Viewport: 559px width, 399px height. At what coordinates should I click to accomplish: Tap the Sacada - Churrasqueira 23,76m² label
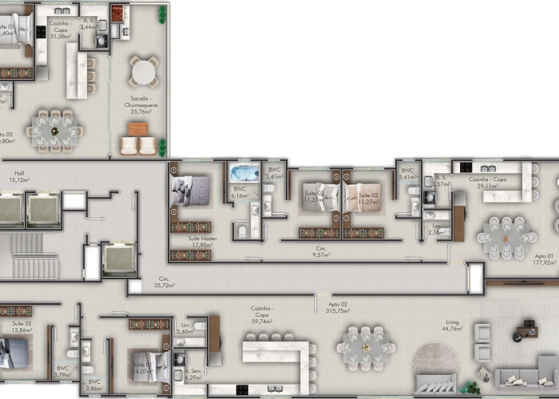pyautogui.click(x=141, y=105)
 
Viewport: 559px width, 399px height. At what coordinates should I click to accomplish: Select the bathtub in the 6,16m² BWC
pyautogui.click(x=244, y=173)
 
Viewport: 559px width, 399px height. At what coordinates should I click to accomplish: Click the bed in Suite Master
pyautogui.click(x=192, y=191)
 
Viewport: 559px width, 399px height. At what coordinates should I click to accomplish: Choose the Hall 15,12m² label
pyautogui.click(x=18, y=176)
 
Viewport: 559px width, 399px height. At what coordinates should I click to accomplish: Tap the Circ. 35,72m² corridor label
pyautogui.click(x=164, y=282)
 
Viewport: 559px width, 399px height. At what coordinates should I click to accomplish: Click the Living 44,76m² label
pyautogui.click(x=452, y=325)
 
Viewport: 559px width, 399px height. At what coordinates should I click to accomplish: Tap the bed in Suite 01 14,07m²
pyautogui.click(x=152, y=367)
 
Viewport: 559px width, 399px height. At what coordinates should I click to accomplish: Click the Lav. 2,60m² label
pyautogui.click(x=184, y=327)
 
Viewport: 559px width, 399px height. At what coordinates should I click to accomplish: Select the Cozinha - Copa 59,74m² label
pyautogui.click(x=262, y=314)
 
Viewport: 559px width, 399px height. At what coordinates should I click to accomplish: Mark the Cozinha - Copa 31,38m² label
pyautogui.click(x=61, y=32)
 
